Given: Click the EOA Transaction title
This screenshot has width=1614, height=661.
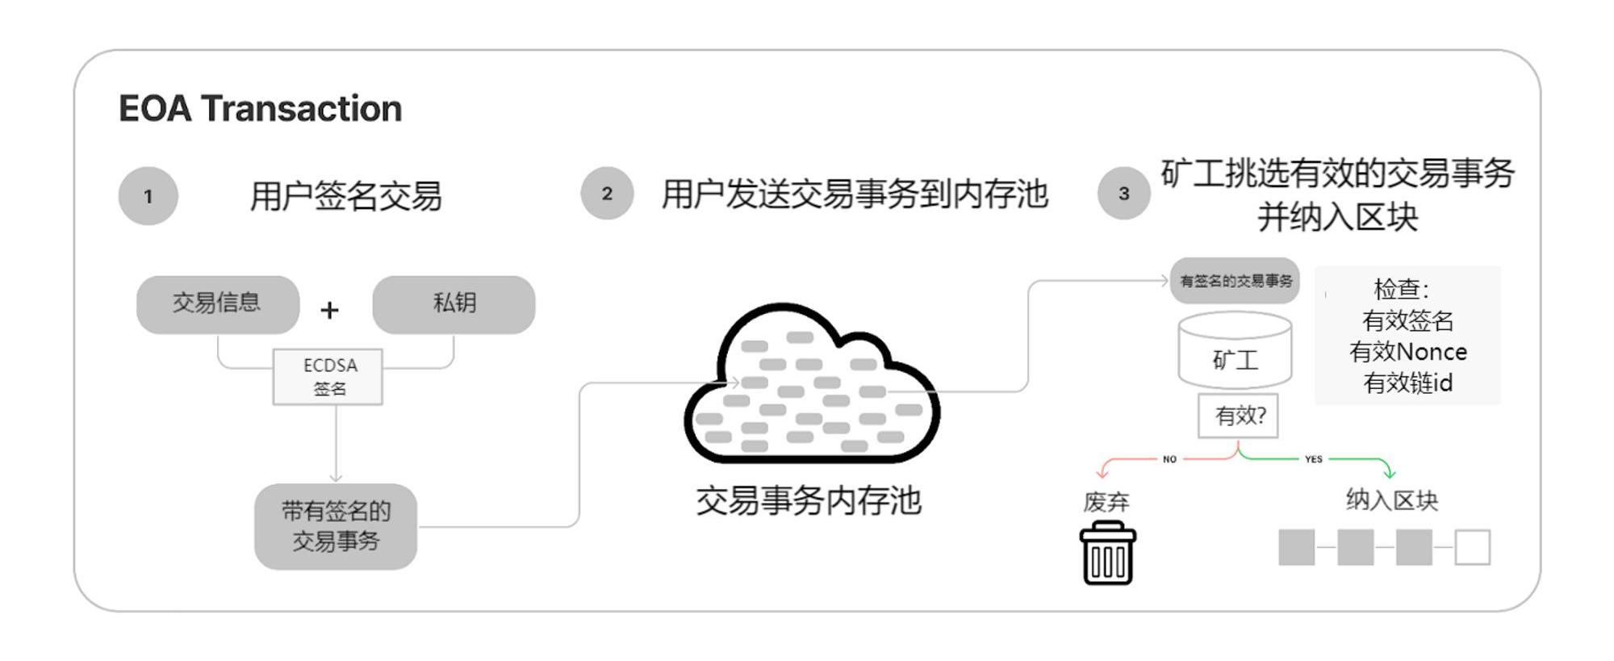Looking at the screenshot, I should coord(260,109).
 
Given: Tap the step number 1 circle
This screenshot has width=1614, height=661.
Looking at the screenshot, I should coord(148,196).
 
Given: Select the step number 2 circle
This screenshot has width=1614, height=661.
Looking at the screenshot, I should coord(607,194).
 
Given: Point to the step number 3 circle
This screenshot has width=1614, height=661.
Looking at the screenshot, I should coord(1123,194).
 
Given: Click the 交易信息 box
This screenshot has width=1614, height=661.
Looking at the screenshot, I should coord(217,304).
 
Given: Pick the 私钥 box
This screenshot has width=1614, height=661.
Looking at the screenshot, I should coord(454,304).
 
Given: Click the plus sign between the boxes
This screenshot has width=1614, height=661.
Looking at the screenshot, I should coord(329,310).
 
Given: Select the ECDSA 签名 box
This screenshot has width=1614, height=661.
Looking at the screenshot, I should coord(328,377).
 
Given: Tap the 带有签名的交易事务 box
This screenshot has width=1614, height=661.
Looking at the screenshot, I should coord(336,526).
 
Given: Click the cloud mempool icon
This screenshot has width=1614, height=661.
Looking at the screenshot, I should coord(810,386).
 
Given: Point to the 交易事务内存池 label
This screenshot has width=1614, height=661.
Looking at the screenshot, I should coord(809,501).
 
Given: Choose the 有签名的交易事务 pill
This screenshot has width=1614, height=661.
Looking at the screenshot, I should coord(1235,281).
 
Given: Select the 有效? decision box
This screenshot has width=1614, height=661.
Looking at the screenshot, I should coord(1239,416).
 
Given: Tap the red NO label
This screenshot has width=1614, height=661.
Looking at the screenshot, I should coord(1169,459).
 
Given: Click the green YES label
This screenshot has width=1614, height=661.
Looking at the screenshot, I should coord(1313,459).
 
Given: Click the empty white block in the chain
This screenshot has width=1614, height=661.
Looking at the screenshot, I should coord(1472,547).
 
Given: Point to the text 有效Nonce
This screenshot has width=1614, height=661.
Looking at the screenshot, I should coord(1407,352).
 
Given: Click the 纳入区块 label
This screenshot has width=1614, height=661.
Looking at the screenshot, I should coord(1391,500).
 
